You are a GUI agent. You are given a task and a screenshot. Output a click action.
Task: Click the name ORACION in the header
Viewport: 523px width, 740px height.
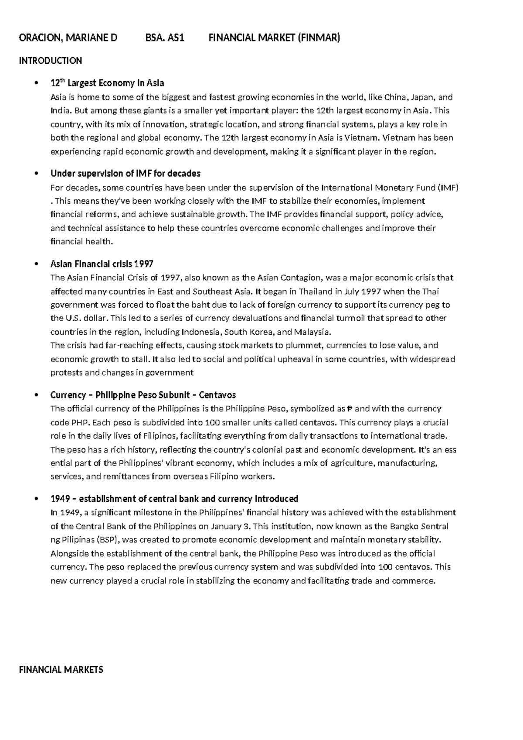(x=39, y=38)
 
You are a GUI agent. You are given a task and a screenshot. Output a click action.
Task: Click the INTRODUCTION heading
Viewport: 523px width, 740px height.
(x=50, y=61)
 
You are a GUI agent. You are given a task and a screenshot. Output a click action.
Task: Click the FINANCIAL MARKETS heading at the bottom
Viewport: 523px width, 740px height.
(x=61, y=669)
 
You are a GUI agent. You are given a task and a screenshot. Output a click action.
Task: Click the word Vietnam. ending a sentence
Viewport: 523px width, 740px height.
(x=363, y=138)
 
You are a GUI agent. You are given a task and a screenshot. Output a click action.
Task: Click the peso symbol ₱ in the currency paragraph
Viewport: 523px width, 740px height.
(x=349, y=409)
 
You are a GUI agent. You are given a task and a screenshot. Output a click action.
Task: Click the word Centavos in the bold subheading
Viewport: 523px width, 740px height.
(x=217, y=395)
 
